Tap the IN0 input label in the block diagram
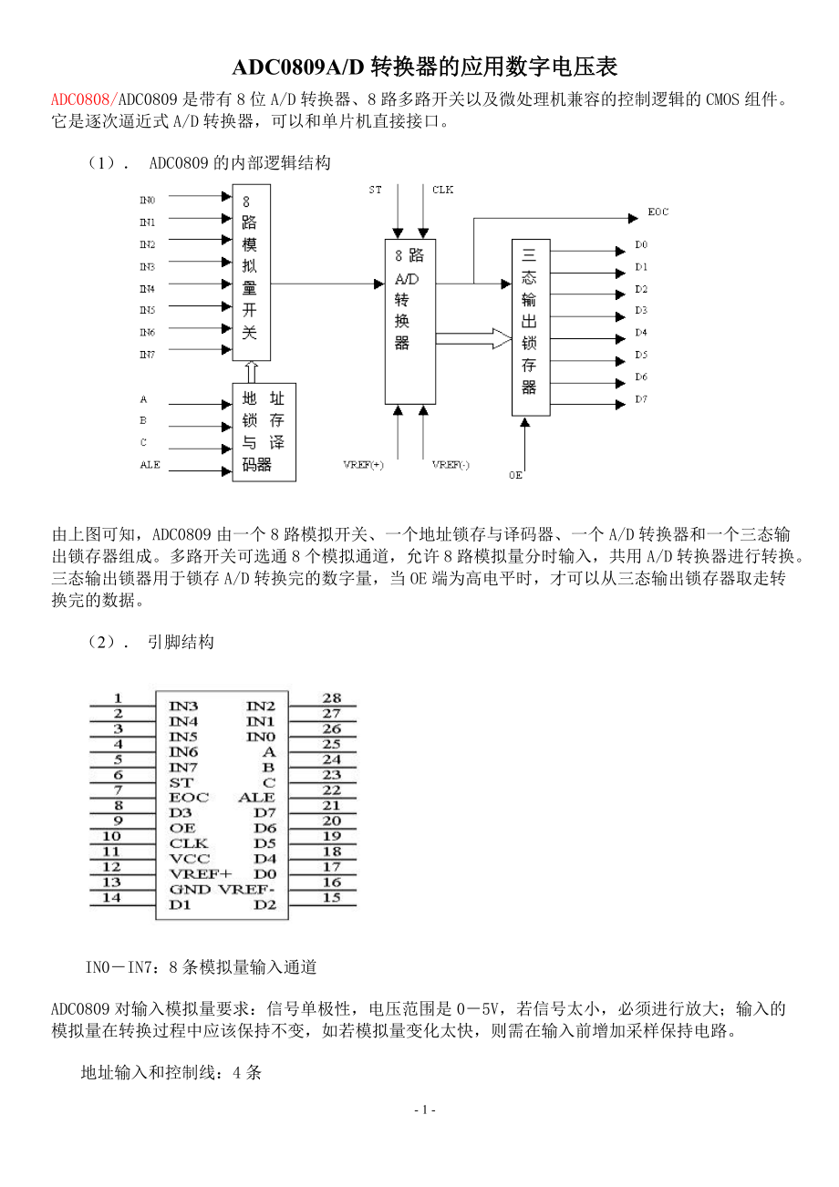click(147, 200)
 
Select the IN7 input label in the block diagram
click(147, 355)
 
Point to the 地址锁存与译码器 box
click(264, 432)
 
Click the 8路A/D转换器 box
click(409, 321)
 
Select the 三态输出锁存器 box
click(530, 328)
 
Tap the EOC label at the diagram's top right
click(658, 212)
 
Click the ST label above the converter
click(376, 190)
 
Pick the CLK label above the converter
click(442, 190)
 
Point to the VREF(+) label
click(363, 465)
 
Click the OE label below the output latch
click(516, 475)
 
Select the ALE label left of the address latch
click(150, 465)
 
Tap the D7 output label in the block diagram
click(641, 399)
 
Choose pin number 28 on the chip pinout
click(332, 698)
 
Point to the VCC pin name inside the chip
click(190, 858)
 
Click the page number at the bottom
click(424, 1110)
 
